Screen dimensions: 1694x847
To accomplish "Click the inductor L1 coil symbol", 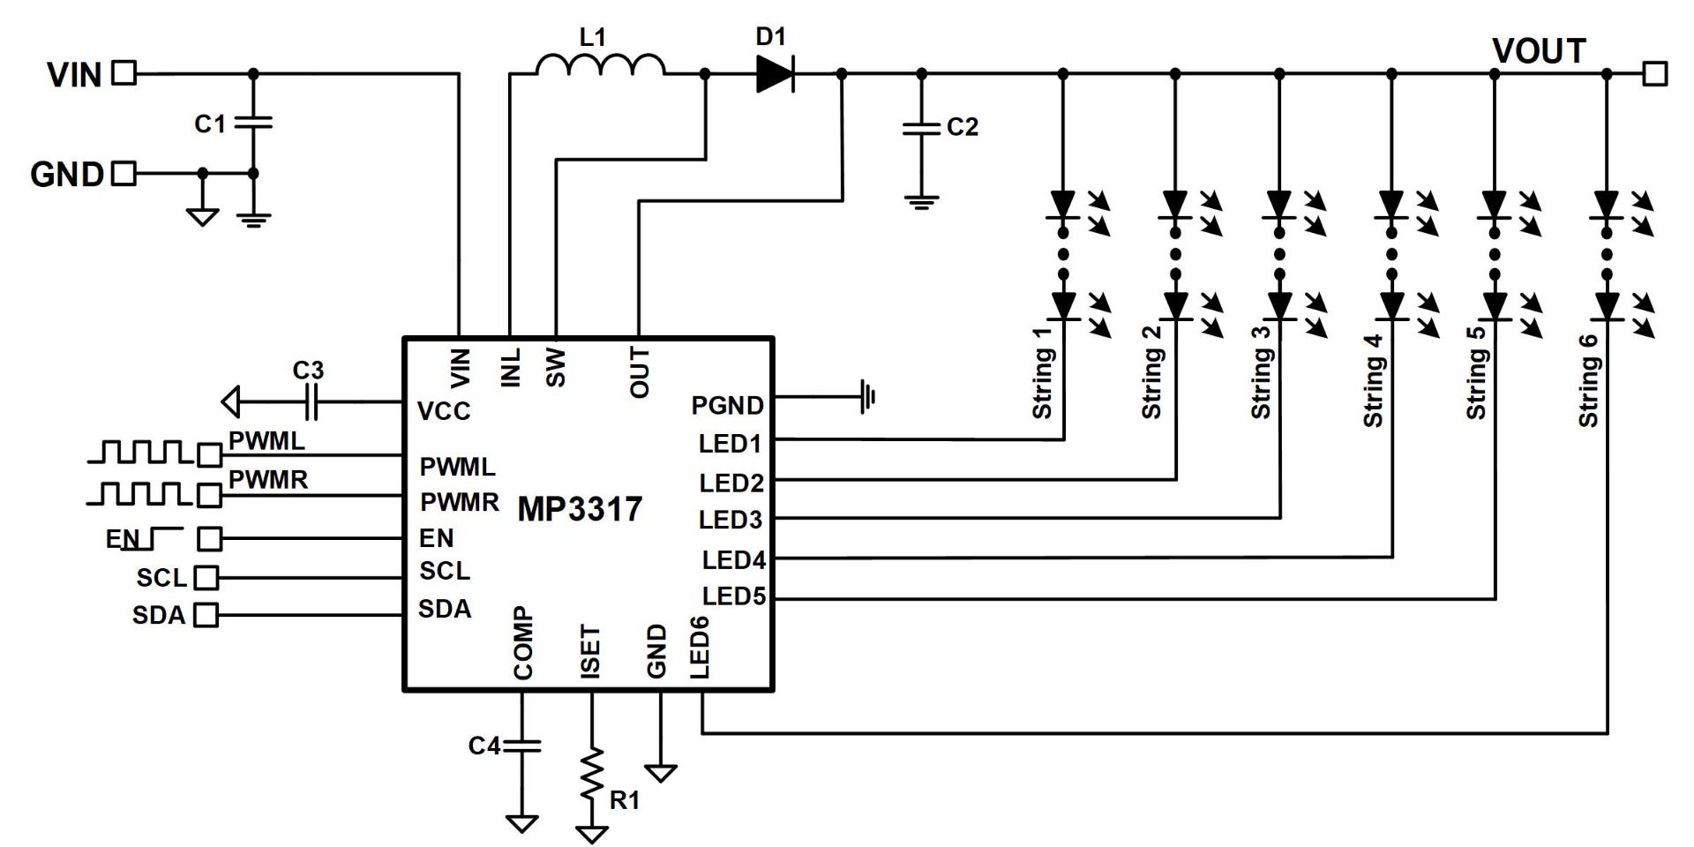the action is (x=601, y=64).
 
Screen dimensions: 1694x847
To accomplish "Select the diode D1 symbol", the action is (x=775, y=74).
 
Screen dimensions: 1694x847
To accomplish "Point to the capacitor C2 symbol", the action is (x=922, y=129).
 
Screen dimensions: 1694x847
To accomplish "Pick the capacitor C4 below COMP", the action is (x=521, y=746).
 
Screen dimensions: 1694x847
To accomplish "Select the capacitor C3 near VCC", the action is (x=309, y=403).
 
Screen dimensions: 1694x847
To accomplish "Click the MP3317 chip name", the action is (x=580, y=509).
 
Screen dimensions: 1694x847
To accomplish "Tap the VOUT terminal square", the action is (x=1654, y=73).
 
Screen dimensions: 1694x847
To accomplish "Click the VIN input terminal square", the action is (x=124, y=73).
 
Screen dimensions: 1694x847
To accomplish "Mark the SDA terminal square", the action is (x=206, y=614).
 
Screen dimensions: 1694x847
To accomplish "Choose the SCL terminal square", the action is (x=206, y=577).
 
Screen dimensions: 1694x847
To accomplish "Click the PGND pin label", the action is (x=728, y=406).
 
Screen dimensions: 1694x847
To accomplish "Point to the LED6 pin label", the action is (x=700, y=648).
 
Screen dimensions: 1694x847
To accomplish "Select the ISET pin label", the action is (x=591, y=651).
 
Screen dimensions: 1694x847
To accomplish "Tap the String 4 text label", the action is (x=1373, y=380).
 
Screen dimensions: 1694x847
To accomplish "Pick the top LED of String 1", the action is (x=1064, y=205).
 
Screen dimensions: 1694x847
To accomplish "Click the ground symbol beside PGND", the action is (x=866, y=397).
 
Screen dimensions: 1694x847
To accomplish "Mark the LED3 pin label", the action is (x=731, y=521).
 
